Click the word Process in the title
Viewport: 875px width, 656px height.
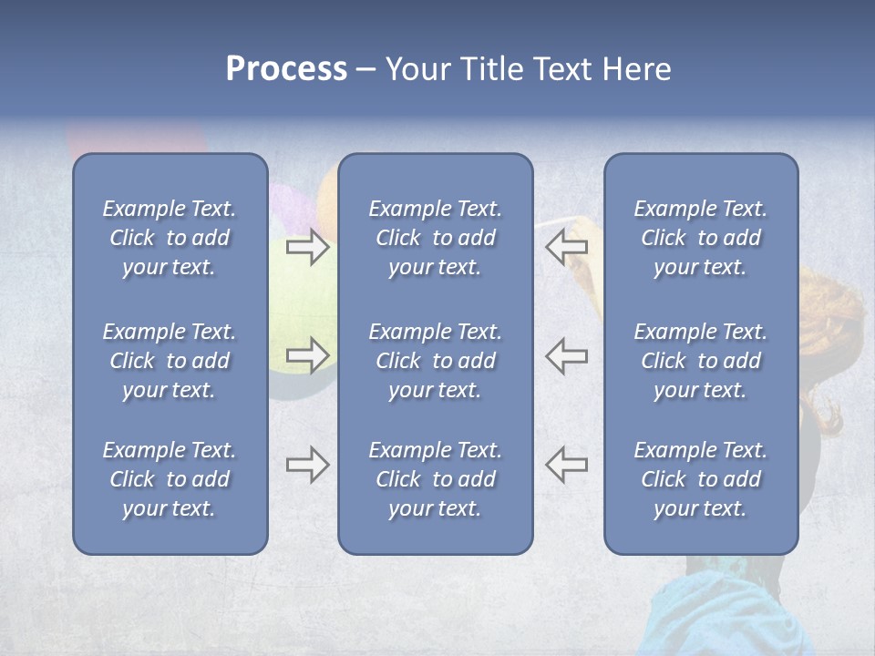pos(286,69)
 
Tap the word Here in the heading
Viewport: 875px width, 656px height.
pos(636,69)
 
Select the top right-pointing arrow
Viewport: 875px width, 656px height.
pos(307,247)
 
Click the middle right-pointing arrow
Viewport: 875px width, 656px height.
pos(307,354)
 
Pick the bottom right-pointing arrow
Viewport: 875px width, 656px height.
pos(307,465)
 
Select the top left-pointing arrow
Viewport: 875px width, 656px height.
pos(566,247)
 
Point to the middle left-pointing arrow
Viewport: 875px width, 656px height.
pos(566,354)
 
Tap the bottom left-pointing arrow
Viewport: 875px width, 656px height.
pos(566,465)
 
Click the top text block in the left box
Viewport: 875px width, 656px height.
pos(170,238)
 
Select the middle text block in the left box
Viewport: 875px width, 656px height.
pos(170,361)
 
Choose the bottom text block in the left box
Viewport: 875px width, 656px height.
pos(170,479)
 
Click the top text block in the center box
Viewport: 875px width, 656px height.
pos(435,238)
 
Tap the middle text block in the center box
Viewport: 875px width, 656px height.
pos(435,361)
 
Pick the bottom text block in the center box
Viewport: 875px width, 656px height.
pos(435,479)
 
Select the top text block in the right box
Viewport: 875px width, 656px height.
pos(700,238)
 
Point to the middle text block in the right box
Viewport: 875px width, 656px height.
pos(700,361)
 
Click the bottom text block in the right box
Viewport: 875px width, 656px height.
pos(700,479)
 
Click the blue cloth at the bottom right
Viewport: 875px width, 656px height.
pos(720,620)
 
